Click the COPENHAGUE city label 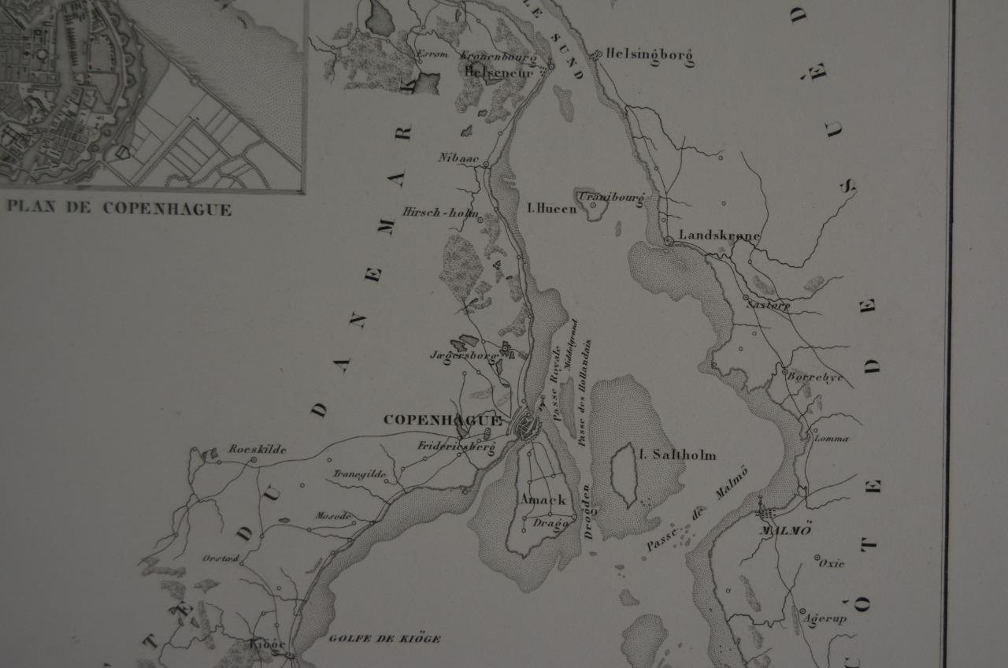(x=442, y=420)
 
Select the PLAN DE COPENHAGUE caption (x=119, y=210)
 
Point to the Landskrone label (x=719, y=236)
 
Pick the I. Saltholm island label (x=677, y=455)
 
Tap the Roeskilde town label (x=258, y=450)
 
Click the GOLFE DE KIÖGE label (x=384, y=639)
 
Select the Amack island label (x=542, y=499)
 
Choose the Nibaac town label (x=458, y=158)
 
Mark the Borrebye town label (x=816, y=377)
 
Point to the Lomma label (x=832, y=439)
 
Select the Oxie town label (x=832, y=563)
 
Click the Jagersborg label (x=464, y=354)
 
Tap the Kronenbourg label (x=497, y=57)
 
